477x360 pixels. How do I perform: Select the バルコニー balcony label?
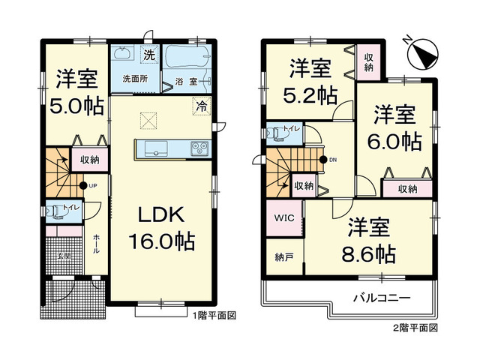point(382,298)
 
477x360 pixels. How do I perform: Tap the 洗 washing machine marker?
point(149,55)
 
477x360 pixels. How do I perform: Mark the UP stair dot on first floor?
point(82,185)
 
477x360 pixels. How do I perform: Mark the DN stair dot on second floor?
point(323,159)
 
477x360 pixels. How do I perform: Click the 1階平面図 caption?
point(212,316)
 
